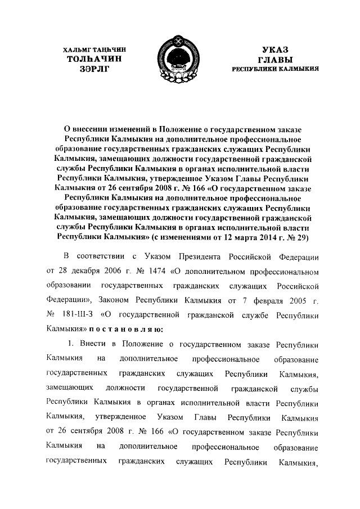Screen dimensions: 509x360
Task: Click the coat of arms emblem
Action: click(x=179, y=58)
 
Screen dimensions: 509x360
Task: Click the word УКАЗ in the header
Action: click(x=275, y=50)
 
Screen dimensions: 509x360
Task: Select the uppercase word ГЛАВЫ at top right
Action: click(x=275, y=59)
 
